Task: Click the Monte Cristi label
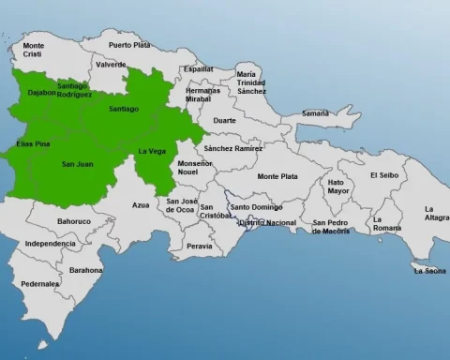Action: pos(34,50)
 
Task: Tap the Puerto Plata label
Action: pos(128,44)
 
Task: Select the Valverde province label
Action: pos(110,65)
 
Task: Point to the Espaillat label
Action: pos(198,68)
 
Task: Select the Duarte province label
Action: pos(226,120)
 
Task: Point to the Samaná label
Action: pos(315,113)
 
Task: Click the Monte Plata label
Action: pos(277,176)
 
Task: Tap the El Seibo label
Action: pos(384,174)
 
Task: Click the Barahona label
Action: pos(86,269)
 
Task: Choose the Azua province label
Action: pos(141,204)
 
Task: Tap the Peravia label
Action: pos(200,246)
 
